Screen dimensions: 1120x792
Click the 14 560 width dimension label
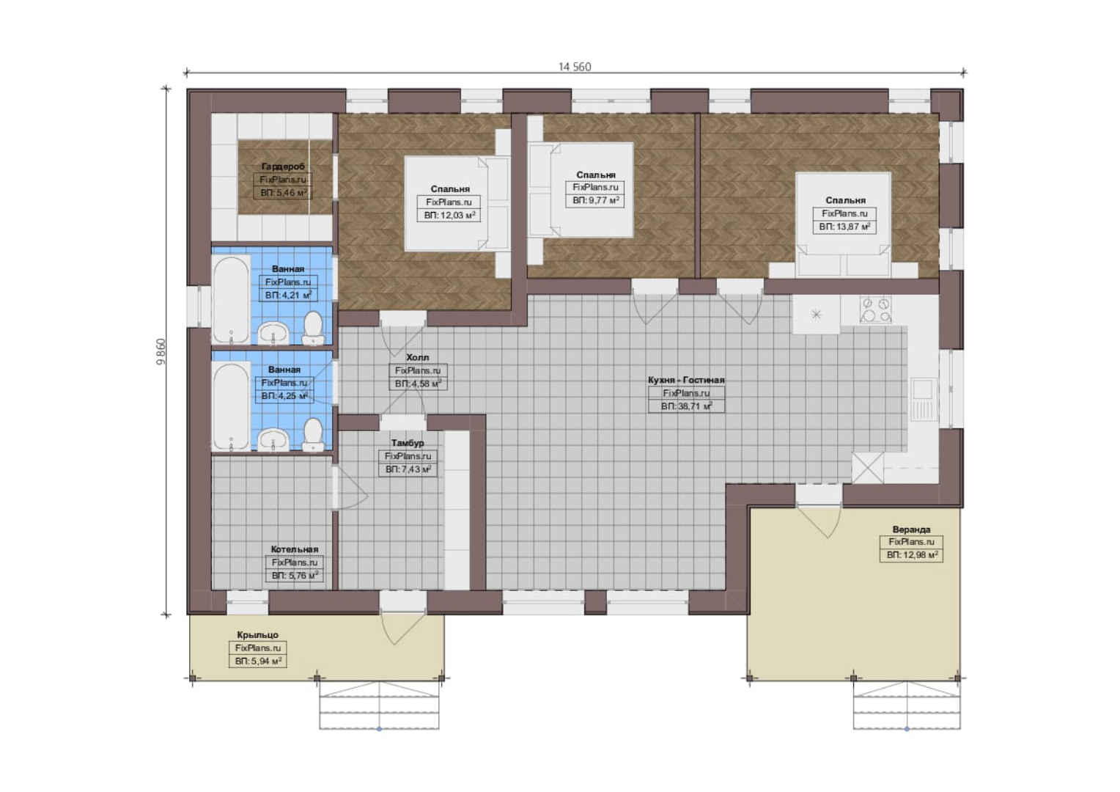click(575, 67)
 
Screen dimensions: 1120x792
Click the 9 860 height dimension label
click(161, 352)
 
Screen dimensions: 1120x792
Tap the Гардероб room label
click(283, 166)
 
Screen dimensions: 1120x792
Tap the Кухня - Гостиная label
click(686, 380)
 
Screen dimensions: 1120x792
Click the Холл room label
click(418, 357)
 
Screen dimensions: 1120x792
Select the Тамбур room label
click(408, 443)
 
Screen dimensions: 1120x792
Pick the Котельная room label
click(295, 549)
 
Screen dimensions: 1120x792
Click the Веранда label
click(912, 529)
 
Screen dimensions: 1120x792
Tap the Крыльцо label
click(258, 634)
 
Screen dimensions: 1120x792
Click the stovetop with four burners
click(875, 309)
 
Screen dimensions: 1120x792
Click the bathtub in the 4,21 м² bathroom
click(231, 300)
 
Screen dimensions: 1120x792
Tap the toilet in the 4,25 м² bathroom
click(313, 436)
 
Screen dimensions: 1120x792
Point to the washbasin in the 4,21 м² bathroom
click(273, 333)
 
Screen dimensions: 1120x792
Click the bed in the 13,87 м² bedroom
click(843, 224)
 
